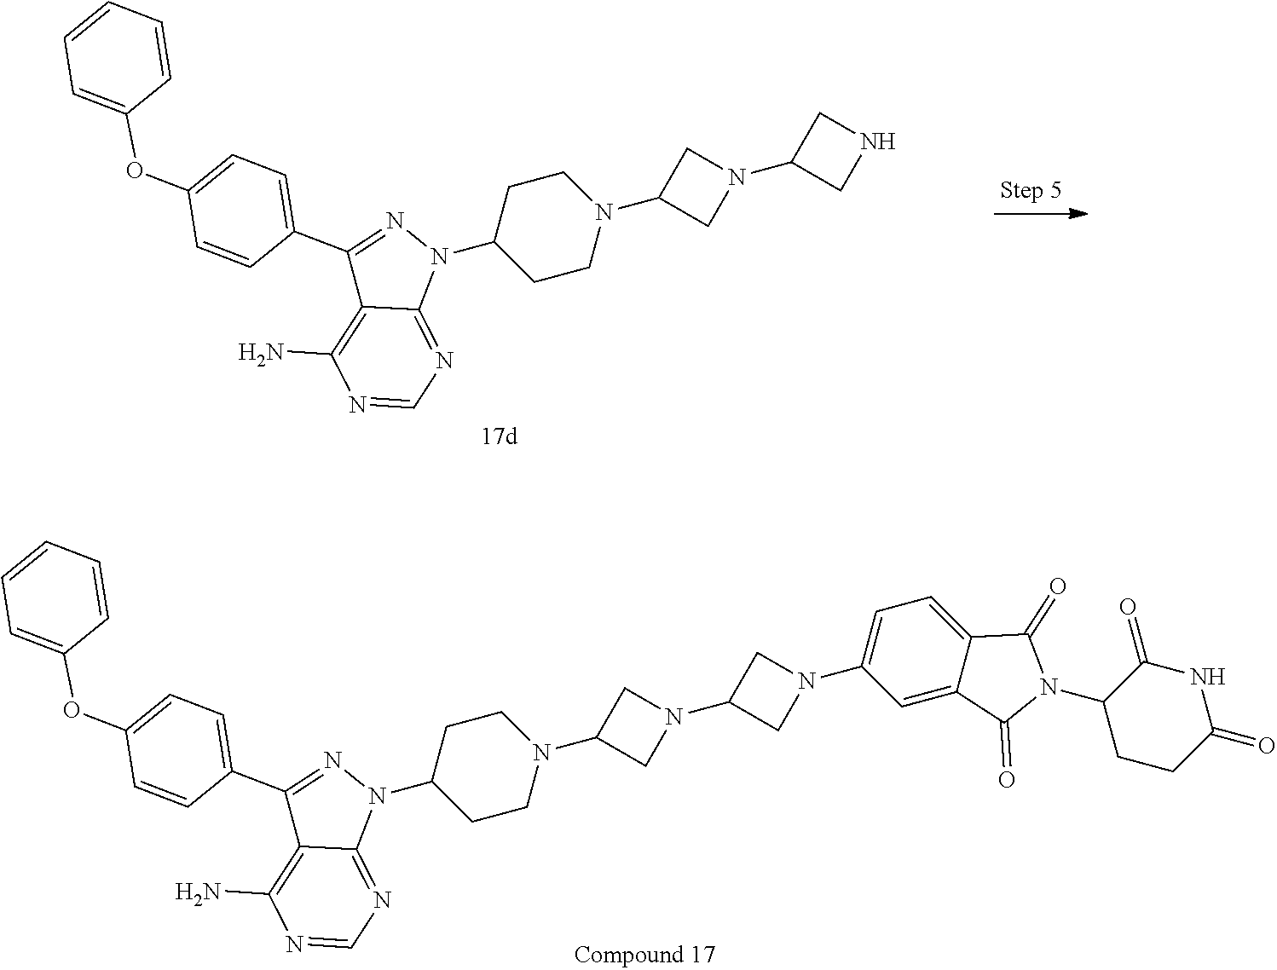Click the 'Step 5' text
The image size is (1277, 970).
1030,190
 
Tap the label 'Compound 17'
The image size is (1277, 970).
644,954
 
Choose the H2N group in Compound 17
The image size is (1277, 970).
198,892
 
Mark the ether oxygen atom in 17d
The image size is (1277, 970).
134,171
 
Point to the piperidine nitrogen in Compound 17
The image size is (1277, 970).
539,751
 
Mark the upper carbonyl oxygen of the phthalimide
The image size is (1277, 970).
1057,586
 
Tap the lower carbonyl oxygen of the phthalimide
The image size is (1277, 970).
1007,780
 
